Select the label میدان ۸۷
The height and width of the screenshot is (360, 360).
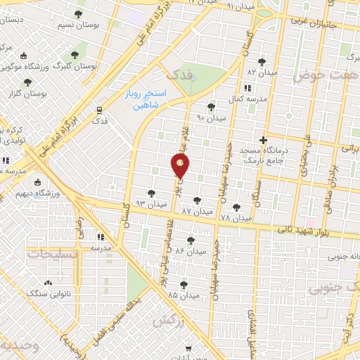197,211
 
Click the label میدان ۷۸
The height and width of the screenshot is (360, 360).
236,219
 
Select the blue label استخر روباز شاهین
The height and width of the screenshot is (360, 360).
148,98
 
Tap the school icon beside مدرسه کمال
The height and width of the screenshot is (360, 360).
247,89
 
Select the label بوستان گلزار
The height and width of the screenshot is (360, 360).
30,94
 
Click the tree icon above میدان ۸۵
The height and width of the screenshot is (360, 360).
184,285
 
